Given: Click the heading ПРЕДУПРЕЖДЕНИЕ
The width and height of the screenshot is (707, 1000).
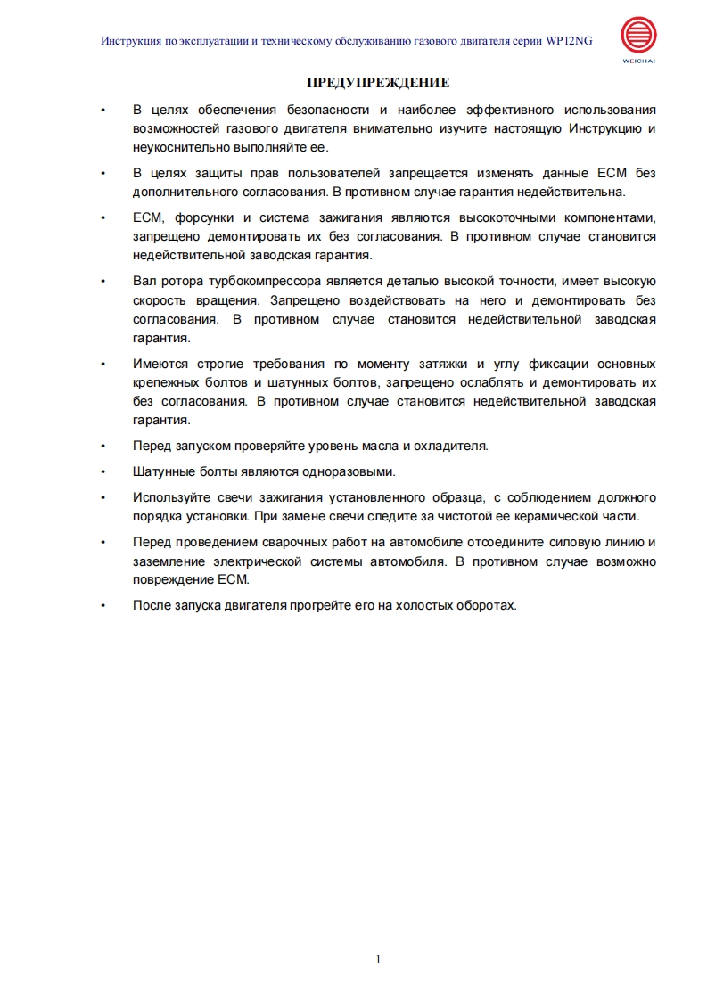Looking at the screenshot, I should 378,83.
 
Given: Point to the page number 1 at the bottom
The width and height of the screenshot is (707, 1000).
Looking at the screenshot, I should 378,959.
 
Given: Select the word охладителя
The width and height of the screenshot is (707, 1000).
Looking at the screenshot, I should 451,446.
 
